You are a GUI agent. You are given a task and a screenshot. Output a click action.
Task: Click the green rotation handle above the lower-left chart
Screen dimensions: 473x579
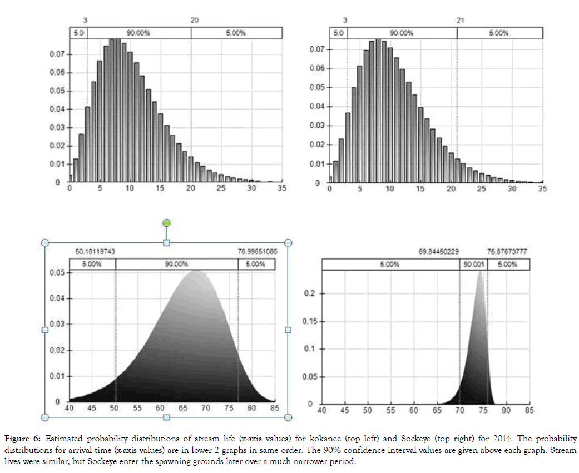click(x=166, y=223)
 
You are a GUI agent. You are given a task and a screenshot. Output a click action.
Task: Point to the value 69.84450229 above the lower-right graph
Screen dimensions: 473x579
click(x=438, y=252)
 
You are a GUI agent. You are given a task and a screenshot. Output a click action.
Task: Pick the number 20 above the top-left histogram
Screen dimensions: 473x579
click(x=194, y=20)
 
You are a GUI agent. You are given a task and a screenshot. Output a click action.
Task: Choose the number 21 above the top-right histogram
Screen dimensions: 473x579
click(x=460, y=21)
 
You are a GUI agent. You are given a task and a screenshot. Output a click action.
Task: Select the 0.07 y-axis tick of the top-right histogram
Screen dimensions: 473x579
click(x=316, y=49)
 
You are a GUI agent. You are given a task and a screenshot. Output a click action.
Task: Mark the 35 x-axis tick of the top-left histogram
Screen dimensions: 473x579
click(x=281, y=189)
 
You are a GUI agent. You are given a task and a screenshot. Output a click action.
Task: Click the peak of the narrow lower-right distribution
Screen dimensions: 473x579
click(x=480, y=271)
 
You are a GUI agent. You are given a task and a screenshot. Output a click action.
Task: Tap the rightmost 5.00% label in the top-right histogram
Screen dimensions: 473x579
click(x=498, y=33)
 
